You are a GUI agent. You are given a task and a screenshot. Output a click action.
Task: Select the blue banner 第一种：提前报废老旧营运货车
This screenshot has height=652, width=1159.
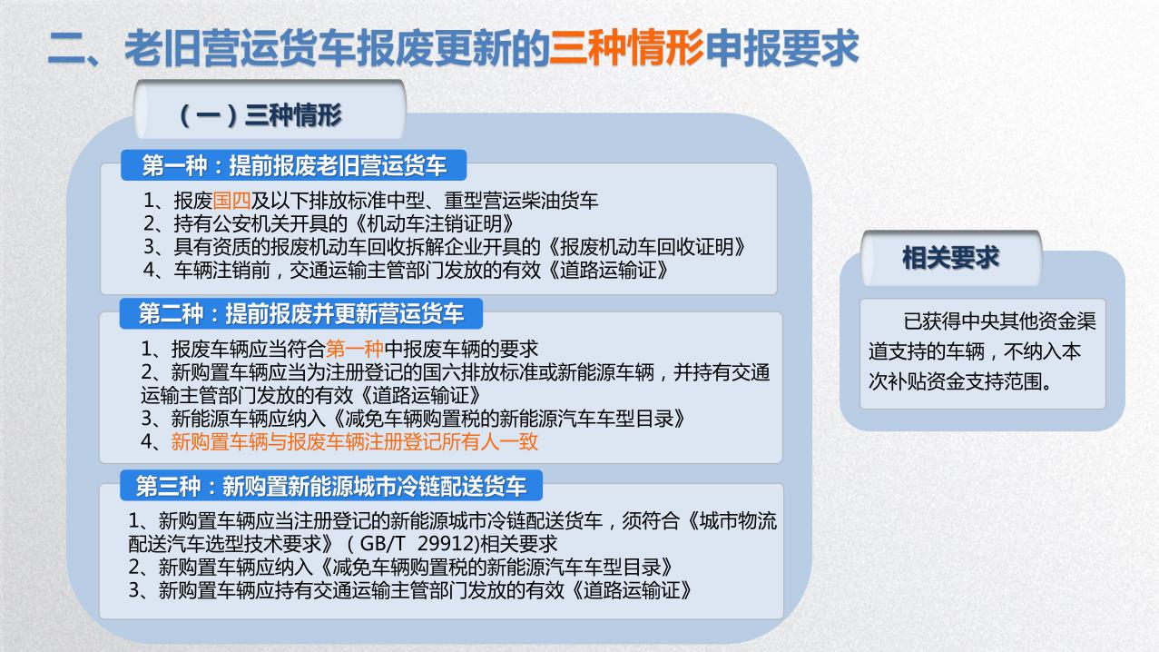pos(294,165)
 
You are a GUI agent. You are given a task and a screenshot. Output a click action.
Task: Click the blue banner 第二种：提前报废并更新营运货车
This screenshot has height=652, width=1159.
pos(300,314)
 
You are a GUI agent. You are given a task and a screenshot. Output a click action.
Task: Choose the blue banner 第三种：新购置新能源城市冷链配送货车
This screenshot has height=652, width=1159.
pos(331,486)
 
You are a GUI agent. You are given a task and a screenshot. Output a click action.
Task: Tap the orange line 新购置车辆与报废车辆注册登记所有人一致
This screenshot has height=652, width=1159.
pos(355,442)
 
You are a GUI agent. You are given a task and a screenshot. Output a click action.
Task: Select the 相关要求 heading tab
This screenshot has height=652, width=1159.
pos(950,258)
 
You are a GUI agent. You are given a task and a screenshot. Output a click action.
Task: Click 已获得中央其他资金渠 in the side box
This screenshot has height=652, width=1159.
pos(999,322)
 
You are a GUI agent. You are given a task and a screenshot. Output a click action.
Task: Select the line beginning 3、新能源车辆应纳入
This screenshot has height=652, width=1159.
pos(411,419)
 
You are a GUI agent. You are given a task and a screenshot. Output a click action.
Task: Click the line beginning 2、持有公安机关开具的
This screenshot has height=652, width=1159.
pos(332,223)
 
